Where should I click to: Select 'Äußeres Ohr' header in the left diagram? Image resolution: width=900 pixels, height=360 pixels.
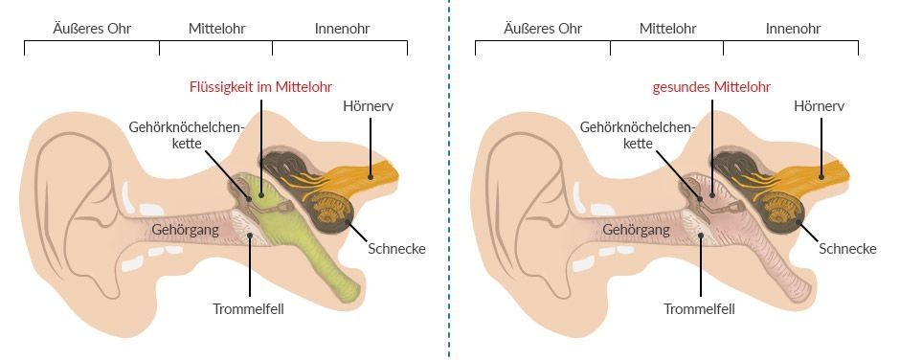[x=93, y=28]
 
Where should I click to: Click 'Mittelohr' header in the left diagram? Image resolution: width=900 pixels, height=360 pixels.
[x=216, y=28]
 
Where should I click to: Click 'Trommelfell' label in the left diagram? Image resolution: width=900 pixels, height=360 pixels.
[x=249, y=308]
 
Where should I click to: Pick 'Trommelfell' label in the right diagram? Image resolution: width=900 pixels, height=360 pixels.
[x=700, y=308]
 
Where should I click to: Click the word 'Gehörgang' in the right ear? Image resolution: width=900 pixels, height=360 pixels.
[x=637, y=230]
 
